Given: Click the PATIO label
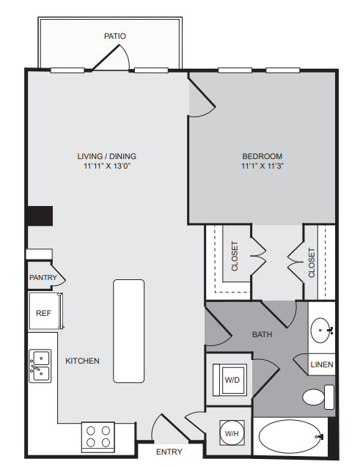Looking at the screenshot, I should [114, 35].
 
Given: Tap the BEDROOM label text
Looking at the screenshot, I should [262, 156].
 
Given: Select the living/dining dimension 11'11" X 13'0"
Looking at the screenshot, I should [107, 166].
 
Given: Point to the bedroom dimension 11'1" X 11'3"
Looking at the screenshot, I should [262, 166].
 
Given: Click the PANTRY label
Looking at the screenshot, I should [43, 278].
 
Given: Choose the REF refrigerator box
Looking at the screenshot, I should [43, 313].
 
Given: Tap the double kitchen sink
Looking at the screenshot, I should [40, 365].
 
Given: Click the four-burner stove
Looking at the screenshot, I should [99, 438].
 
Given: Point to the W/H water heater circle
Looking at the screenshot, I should [232, 434].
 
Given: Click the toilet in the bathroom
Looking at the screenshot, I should [316, 397].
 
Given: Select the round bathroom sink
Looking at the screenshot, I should [320, 331].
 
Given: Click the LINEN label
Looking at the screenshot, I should [321, 364].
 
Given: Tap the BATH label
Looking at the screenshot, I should [262, 334].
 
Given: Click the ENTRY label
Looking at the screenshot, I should [169, 452].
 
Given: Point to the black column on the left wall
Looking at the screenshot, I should [40, 216].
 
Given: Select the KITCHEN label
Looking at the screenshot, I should [82, 361].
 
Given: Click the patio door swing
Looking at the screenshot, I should [117, 58].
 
